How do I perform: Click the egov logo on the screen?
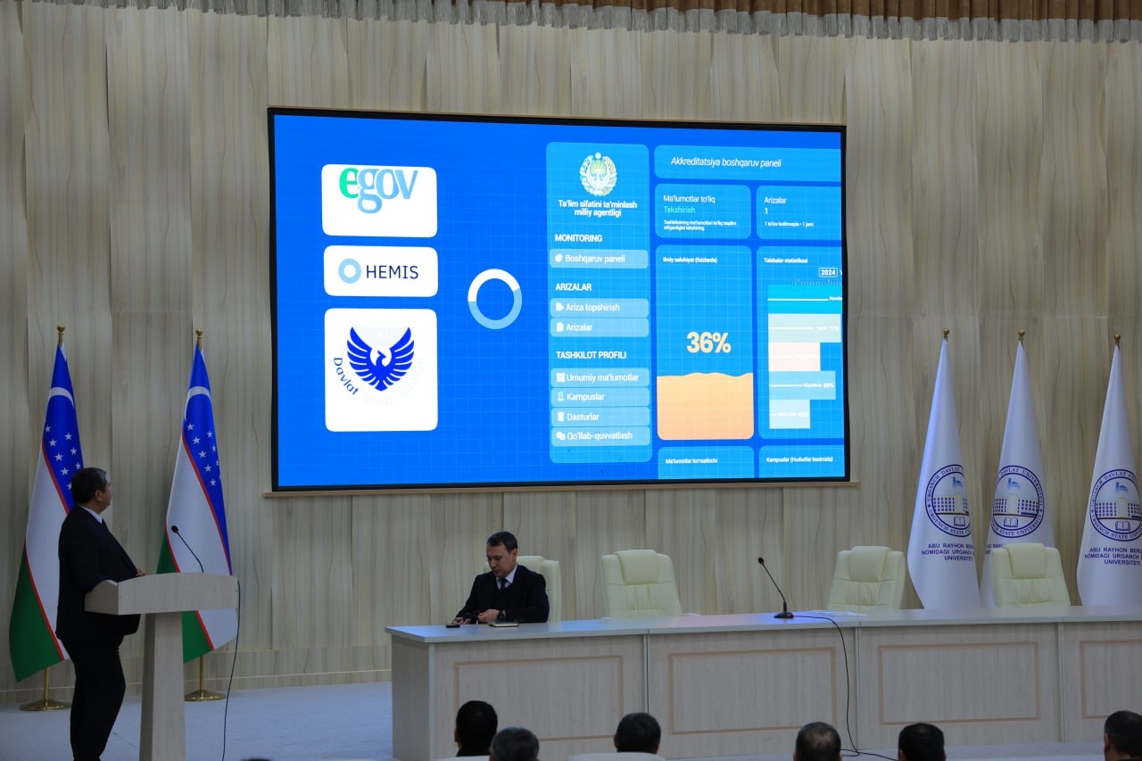click(x=378, y=200)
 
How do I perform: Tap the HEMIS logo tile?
click(x=380, y=271)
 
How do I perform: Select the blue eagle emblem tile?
click(x=380, y=368)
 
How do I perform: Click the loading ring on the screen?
click(x=494, y=299)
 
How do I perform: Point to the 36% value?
click(x=708, y=343)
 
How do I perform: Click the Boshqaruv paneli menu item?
click(x=599, y=259)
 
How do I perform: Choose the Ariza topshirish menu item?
click(x=599, y=308)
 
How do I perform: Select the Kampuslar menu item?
click(x=599, y=397)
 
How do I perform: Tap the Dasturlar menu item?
click(x=599, y=417)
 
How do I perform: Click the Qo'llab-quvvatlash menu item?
click(x=599, y=436)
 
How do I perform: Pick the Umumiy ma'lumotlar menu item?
click(x=599, y=377)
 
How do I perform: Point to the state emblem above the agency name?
click(x=598, y=174)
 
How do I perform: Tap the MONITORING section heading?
click(x=578, y=238)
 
